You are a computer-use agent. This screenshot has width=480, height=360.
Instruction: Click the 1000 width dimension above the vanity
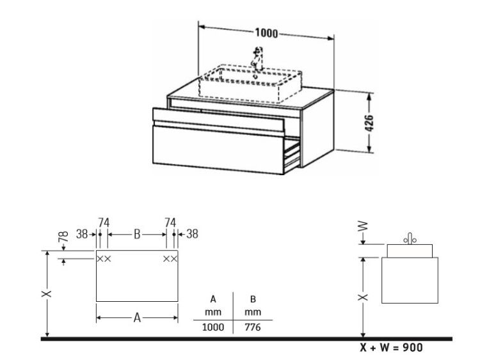click(x=266, y=33)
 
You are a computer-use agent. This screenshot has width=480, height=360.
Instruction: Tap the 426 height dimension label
click(x=369, y=123)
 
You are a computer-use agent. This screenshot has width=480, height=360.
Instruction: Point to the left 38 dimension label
click(x=82, y=234)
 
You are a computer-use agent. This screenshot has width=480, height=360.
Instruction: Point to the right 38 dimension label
click(x=192, y=234)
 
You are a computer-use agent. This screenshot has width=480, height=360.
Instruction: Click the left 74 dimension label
click(x=104, y=223)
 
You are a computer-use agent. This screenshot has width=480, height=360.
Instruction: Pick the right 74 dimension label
click(x=170, y=223)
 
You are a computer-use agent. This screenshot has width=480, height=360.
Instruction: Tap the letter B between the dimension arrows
click(x=137, y=235)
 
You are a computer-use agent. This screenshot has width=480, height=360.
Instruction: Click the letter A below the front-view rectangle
click(x=137, y=318)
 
